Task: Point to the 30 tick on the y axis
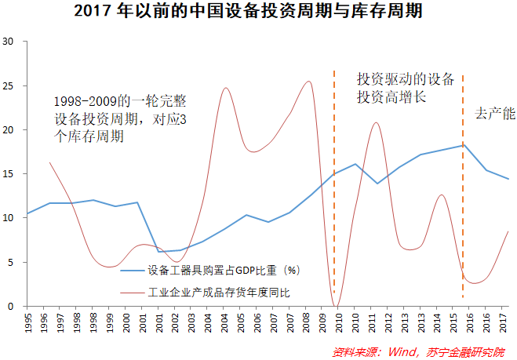(x=10, y=42)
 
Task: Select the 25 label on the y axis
(x=10, y=85)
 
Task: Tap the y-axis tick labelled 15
(x=10, y=173)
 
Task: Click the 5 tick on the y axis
(x=13, y=262)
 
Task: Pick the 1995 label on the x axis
(x=28, y=322)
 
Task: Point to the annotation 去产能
(x=495, y=114)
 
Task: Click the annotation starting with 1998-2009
(x=122, y=118)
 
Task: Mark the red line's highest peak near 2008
(x=309, y=82)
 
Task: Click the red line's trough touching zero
(x=337, y=305)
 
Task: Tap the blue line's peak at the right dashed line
(x=464, y=144)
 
